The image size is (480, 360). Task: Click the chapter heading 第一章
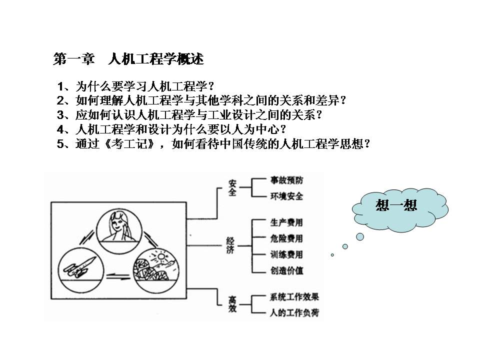pos(73,59)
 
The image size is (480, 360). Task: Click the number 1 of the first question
pos(60,86)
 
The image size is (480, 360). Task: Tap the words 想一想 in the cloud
pos(396,205)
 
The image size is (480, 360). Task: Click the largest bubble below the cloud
pos(360,236)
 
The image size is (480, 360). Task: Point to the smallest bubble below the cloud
pos(332,254)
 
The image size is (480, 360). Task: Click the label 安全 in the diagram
pos(232,187)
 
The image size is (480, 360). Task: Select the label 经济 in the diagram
pos(230,245)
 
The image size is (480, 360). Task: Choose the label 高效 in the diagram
pos(232,304)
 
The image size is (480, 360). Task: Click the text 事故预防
pos(286,180)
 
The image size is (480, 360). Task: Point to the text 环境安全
pos(286,196)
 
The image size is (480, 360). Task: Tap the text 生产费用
pos(286,222)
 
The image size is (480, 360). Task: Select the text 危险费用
pos(286,238)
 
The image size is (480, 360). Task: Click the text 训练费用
pos(286,254)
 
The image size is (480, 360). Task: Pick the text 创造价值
pos(286,270)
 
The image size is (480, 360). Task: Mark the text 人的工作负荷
pos(294,312)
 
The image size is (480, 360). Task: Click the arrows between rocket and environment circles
pos(118,277)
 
